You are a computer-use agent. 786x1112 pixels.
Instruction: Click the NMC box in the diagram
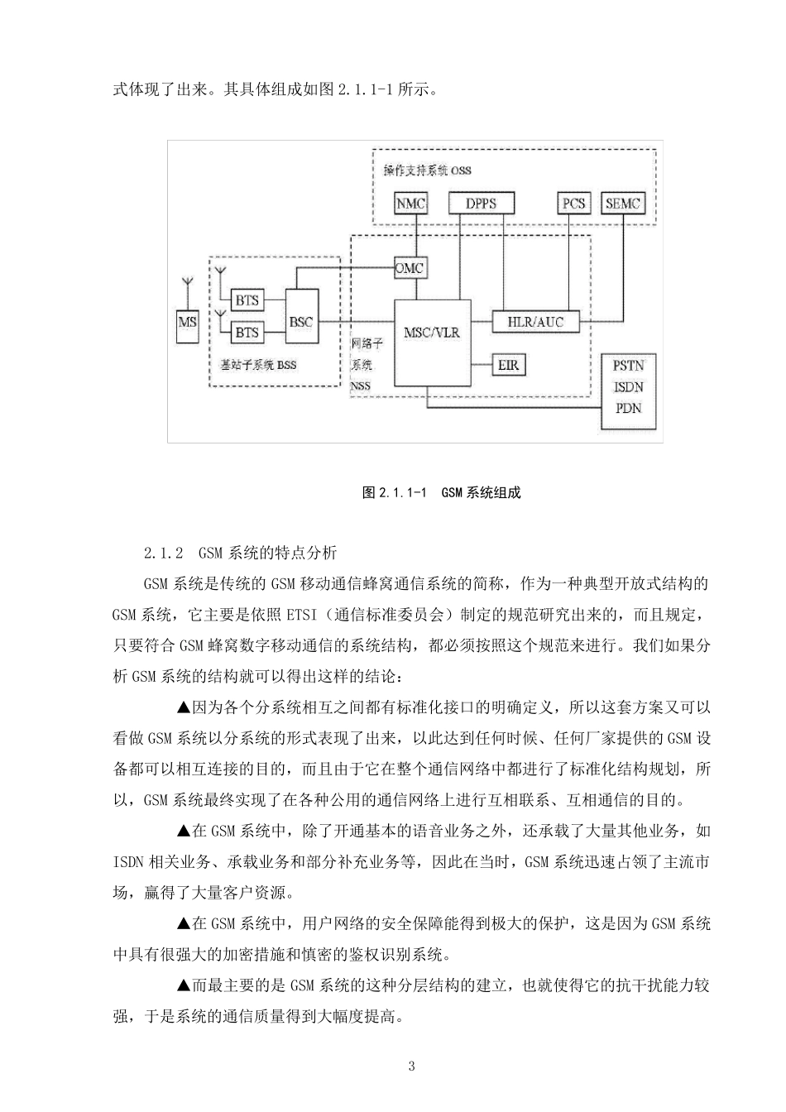pos(410,203)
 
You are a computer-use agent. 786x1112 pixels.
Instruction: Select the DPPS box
pos(481,203)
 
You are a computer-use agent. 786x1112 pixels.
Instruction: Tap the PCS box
pos(573,203)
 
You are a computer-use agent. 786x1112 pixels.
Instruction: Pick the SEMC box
pos(623,203)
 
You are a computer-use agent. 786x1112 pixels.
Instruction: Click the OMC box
pos(410,268)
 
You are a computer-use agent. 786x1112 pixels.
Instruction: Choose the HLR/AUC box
pos(534,322)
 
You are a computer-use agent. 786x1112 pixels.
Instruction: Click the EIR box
pos(508,363)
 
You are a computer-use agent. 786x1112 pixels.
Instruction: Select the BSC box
pos(301,321)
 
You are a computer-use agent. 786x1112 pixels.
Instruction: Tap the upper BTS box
pos(247,300)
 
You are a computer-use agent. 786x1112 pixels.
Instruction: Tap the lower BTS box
pos(247,332)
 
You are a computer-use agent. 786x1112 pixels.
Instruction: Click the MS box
pos(188,321)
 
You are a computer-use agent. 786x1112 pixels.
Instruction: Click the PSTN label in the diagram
pos(628,365)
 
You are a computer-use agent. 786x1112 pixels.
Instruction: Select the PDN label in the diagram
pos(628,408)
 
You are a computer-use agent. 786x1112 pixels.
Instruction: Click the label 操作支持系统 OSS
pos(427,170)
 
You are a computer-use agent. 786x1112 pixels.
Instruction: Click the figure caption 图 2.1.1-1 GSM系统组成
pos(441,492)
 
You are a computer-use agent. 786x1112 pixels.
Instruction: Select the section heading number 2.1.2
pos(162,553)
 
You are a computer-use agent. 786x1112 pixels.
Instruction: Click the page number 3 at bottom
pos(412,1066)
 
